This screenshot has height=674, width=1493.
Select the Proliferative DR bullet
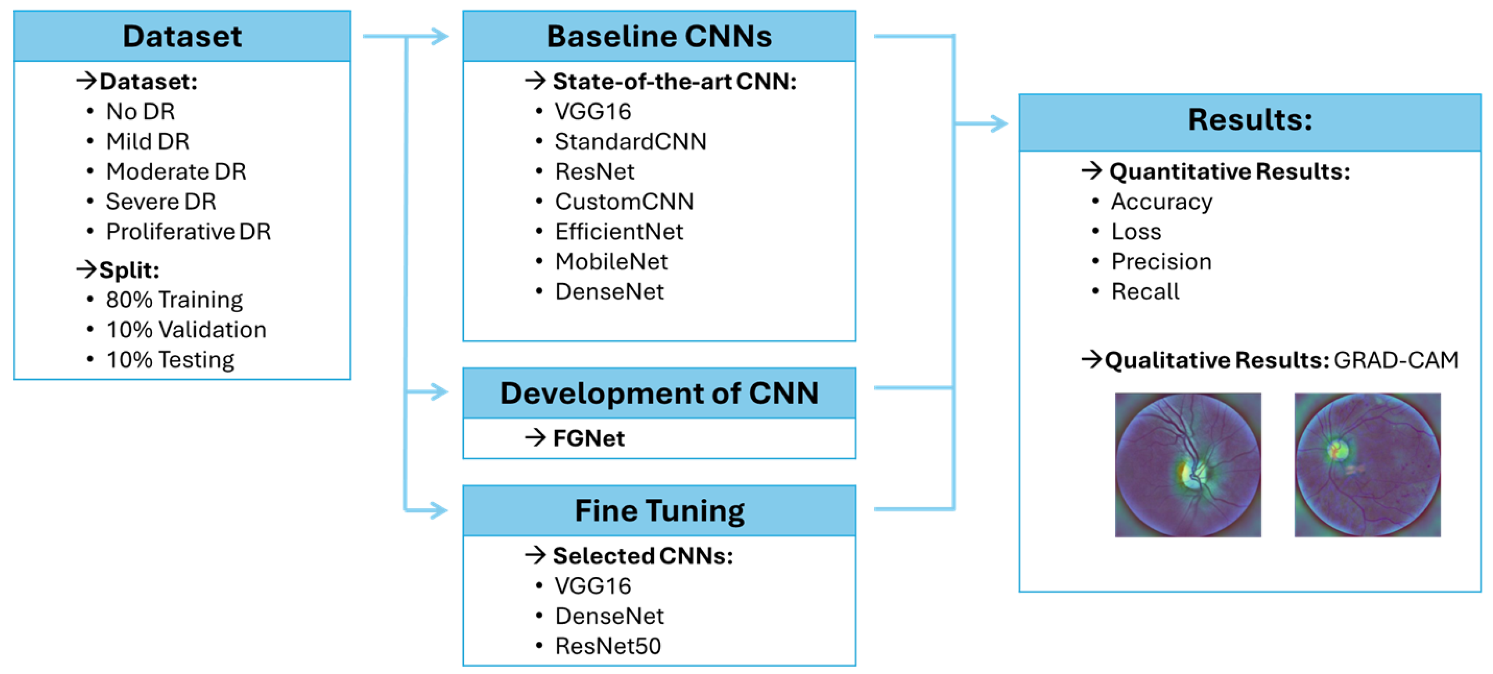[x=188, y=232]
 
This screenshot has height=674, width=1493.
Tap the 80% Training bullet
[x=174, y=299]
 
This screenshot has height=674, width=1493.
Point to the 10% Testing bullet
[x=170, y=360]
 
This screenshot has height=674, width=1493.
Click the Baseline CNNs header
[x=659, y=36]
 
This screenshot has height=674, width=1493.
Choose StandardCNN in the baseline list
[x=630, y=142]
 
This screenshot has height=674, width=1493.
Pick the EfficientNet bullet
[x=618, y=232]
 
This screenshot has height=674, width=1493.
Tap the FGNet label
[x=588, y=439]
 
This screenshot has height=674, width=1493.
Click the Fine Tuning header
[x=659, y=511]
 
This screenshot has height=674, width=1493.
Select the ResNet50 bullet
[x=607, y=646]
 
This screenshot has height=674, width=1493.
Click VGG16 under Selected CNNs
[x=592, y=586]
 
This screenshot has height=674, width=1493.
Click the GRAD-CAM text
[x=1396, y=360]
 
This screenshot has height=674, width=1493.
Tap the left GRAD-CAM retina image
[x=1187, y=465]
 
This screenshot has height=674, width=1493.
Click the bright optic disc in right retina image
[x=1338, y=449]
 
